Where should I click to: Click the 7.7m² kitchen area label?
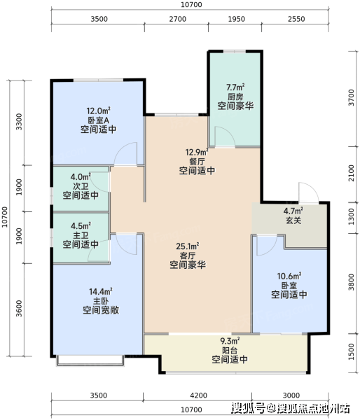click(235, 87)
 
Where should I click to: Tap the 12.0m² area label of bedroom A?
click(98, 111)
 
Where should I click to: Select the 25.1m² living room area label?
click(188, 246)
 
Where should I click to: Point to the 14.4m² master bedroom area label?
click(101, 291)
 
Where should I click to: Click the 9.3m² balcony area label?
click(230, 341)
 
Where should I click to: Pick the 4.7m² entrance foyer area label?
click(293, 211)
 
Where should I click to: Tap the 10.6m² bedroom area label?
click(289, 276)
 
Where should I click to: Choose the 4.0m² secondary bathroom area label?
click(81, 177)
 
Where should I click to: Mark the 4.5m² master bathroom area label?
click(81, 226)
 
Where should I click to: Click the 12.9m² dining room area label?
click(197, 152)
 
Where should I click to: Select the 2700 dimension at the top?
click(177, 19)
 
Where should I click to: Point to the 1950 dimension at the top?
click(237, 19)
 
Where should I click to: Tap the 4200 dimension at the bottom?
click(199, 395)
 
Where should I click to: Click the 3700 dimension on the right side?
click(351, 97)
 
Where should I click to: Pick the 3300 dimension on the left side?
click(19, 122)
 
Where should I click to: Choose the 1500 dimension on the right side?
click(351, 351)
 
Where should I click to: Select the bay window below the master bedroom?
click(90, 360)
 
